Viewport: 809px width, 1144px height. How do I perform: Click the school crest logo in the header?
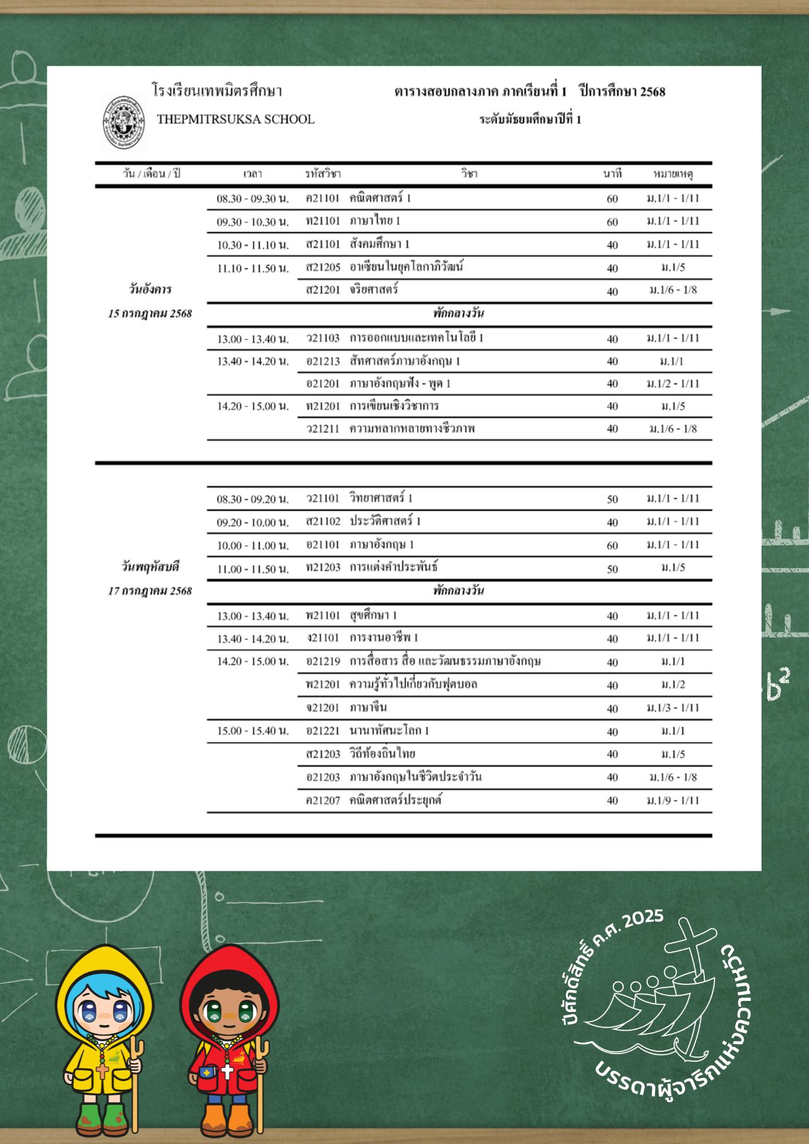(x=124, y=123)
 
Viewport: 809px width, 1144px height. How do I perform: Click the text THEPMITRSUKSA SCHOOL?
(x=236, y=120)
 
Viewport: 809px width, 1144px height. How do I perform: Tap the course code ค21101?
(x=323, y=198)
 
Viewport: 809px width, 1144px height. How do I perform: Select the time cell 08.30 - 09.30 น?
(x=252, y=199)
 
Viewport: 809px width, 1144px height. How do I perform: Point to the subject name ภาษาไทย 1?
(x=375, y=221)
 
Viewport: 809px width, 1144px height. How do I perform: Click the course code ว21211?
(x=323, y=428)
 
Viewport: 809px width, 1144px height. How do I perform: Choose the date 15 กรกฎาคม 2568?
(x=150, y=313)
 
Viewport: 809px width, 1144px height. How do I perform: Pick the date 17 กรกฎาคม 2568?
(x=150, y=591)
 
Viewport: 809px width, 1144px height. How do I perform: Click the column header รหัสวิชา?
(x=323, y=174)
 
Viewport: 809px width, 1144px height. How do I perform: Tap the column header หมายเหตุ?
(x=673, y=174)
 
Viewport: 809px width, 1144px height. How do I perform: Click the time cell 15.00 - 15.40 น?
(x=252, y=731)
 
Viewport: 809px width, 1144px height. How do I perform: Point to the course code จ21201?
(x=323, y=708)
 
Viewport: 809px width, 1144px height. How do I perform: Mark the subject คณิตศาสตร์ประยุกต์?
(x=395, y=800)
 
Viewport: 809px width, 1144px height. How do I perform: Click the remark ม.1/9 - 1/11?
(x=673, y=800)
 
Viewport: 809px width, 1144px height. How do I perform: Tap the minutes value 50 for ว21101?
(x=612, y=499)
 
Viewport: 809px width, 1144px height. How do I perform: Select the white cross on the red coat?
(x=227, y=1071)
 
